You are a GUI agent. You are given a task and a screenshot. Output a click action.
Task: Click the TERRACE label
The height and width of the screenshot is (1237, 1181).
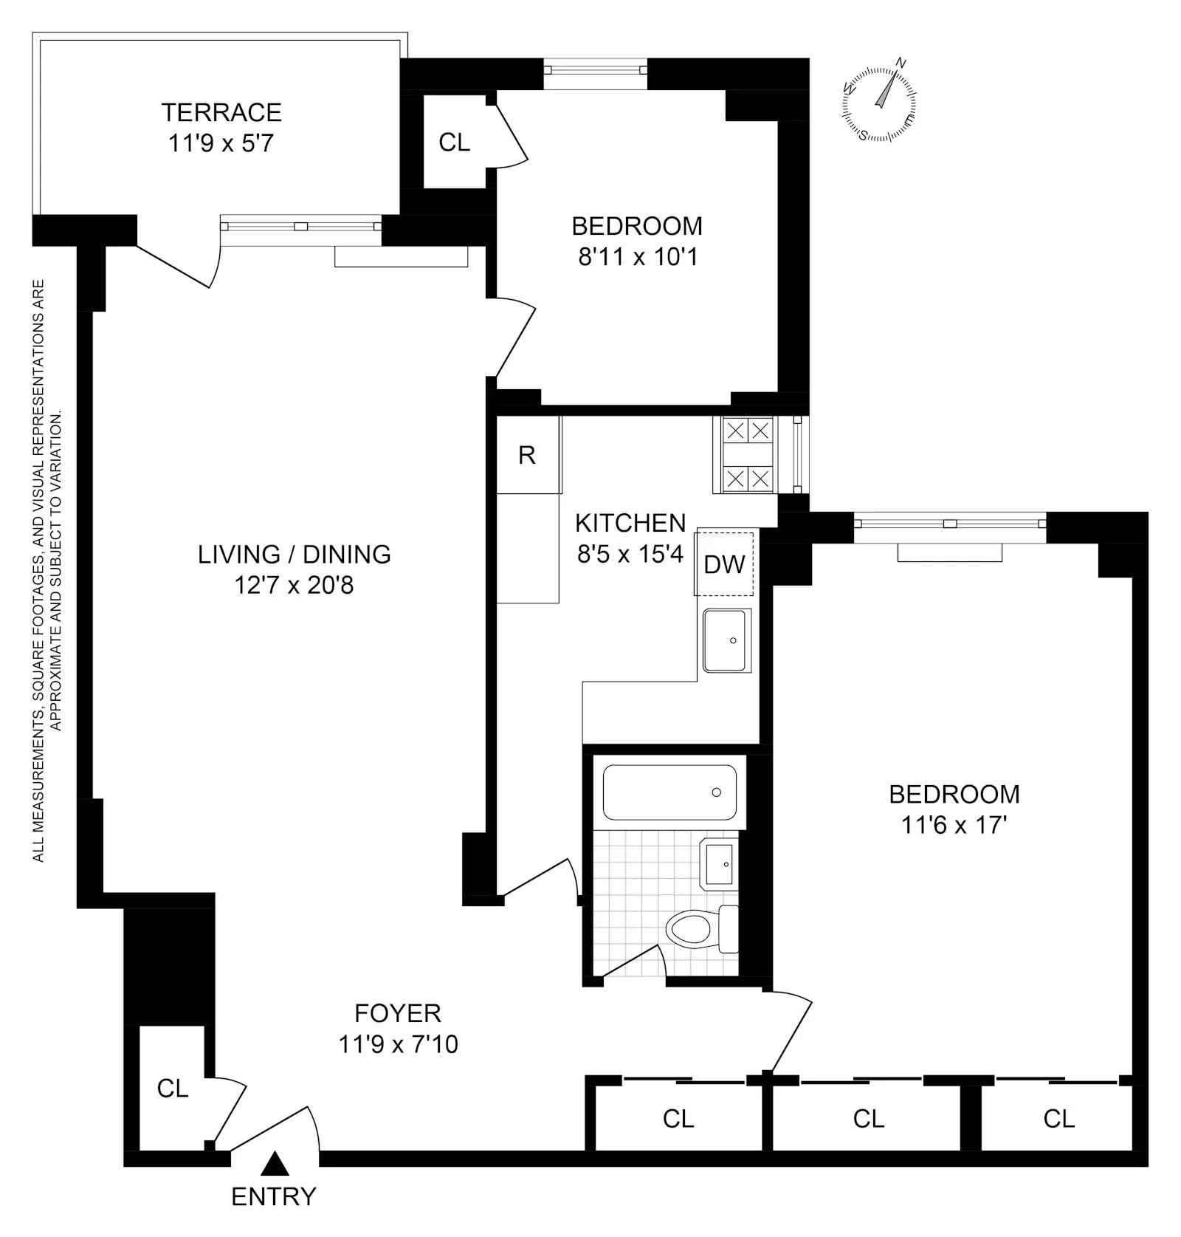[221, 112]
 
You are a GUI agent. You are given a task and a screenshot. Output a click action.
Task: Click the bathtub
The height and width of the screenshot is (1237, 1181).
[669, 792]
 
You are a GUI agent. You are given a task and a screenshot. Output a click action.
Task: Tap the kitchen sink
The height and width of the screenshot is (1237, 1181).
[726, 640]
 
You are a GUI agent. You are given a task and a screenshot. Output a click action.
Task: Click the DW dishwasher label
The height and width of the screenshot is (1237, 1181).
[724, 564]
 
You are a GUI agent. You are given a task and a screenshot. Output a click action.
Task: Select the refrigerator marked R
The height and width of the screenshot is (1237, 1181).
[527, 455]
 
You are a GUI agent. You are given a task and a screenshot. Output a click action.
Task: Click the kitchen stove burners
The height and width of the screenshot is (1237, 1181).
[747, 455]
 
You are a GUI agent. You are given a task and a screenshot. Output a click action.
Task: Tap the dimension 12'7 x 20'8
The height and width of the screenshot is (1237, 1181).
[294, 585]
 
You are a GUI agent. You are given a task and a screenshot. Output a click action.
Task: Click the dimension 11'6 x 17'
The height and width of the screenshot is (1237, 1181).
[954, 824]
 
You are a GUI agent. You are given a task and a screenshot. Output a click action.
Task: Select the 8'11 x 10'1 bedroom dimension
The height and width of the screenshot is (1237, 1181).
[638, 256]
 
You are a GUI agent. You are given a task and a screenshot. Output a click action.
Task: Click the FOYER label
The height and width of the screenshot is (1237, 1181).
[398, 1013]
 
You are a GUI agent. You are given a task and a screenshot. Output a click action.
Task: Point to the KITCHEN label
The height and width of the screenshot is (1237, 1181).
[630, 523]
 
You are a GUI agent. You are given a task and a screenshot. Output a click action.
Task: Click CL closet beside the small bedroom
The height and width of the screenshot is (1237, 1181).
[454, 142]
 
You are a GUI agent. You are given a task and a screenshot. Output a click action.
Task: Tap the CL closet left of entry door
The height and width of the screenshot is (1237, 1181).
[173, 1088]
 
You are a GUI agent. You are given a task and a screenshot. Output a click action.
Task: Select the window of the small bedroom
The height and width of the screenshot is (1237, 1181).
[596, 70]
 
